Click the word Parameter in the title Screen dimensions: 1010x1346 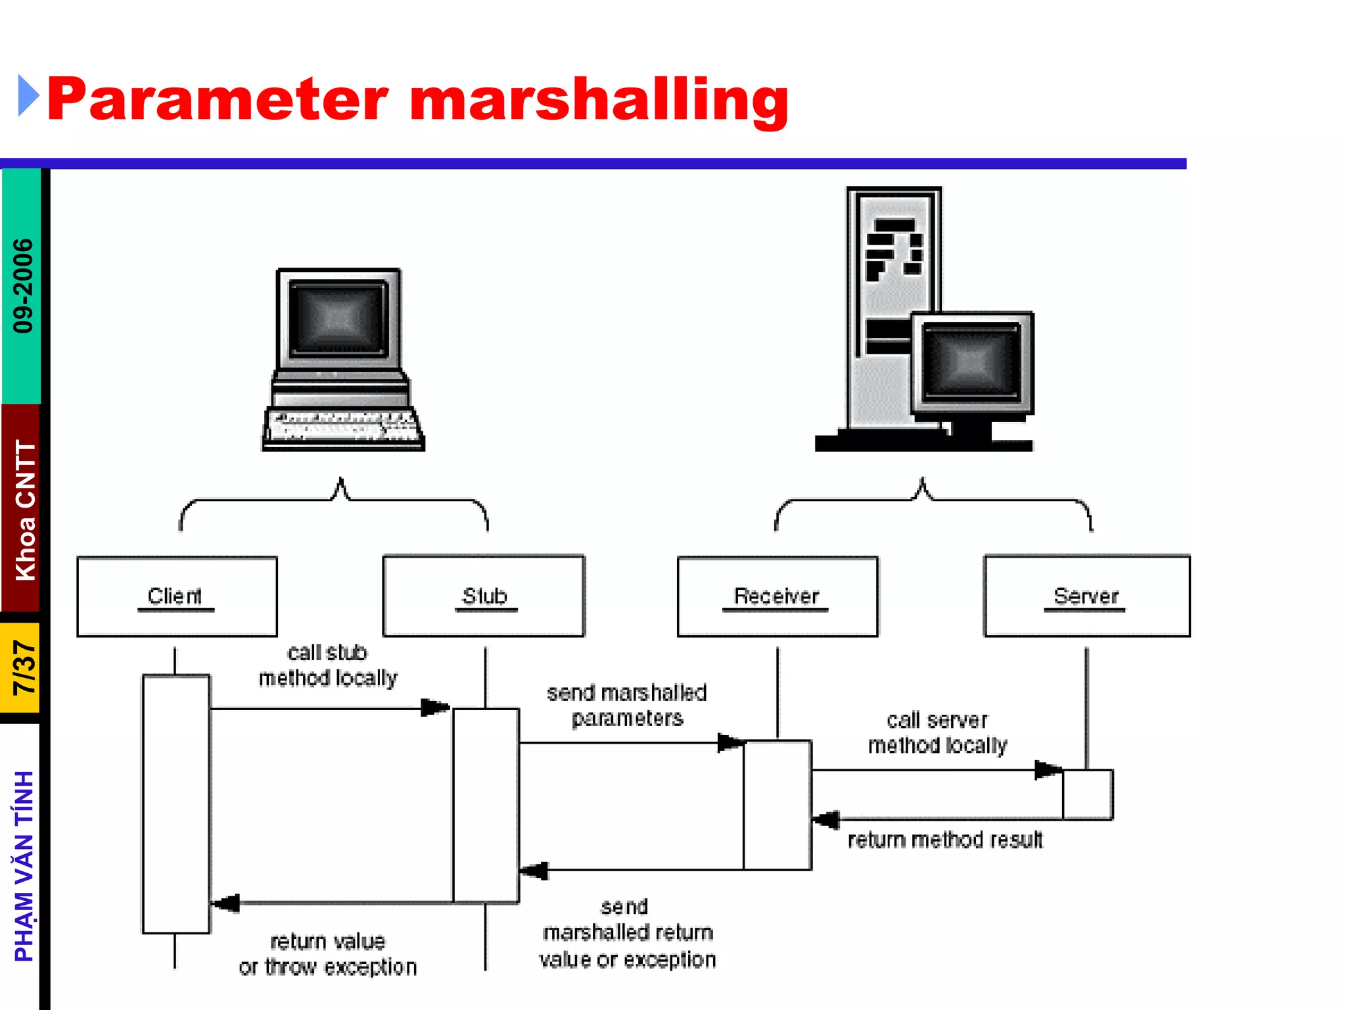tap(218, 100)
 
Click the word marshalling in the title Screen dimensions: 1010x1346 tap(599, 100)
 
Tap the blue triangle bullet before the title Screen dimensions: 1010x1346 tap(28, 96)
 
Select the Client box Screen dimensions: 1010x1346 tap(177, 596)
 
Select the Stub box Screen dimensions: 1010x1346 tap(484, 596)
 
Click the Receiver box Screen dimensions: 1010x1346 tap(777, 596)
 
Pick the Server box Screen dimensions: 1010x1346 tap(1086, 596)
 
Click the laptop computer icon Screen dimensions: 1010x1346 tap(342, 360)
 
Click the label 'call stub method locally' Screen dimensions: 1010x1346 tap(327, 665)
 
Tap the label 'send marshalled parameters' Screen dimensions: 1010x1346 tap(627, 706)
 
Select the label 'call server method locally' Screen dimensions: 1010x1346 tap(938, 733)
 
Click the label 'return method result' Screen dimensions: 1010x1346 tap(945, 840)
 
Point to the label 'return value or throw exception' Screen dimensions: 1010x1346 tap(328, 954)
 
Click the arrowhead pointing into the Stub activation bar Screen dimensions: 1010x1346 tap(435, 708)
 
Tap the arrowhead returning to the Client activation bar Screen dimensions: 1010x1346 tap(225, 903)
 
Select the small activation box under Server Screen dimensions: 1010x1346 tap(1088, 794)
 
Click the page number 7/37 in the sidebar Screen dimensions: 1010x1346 tap(24, 668)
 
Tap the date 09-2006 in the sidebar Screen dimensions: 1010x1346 tap(23, 286)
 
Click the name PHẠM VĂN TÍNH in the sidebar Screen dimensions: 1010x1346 tap(24, 867)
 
